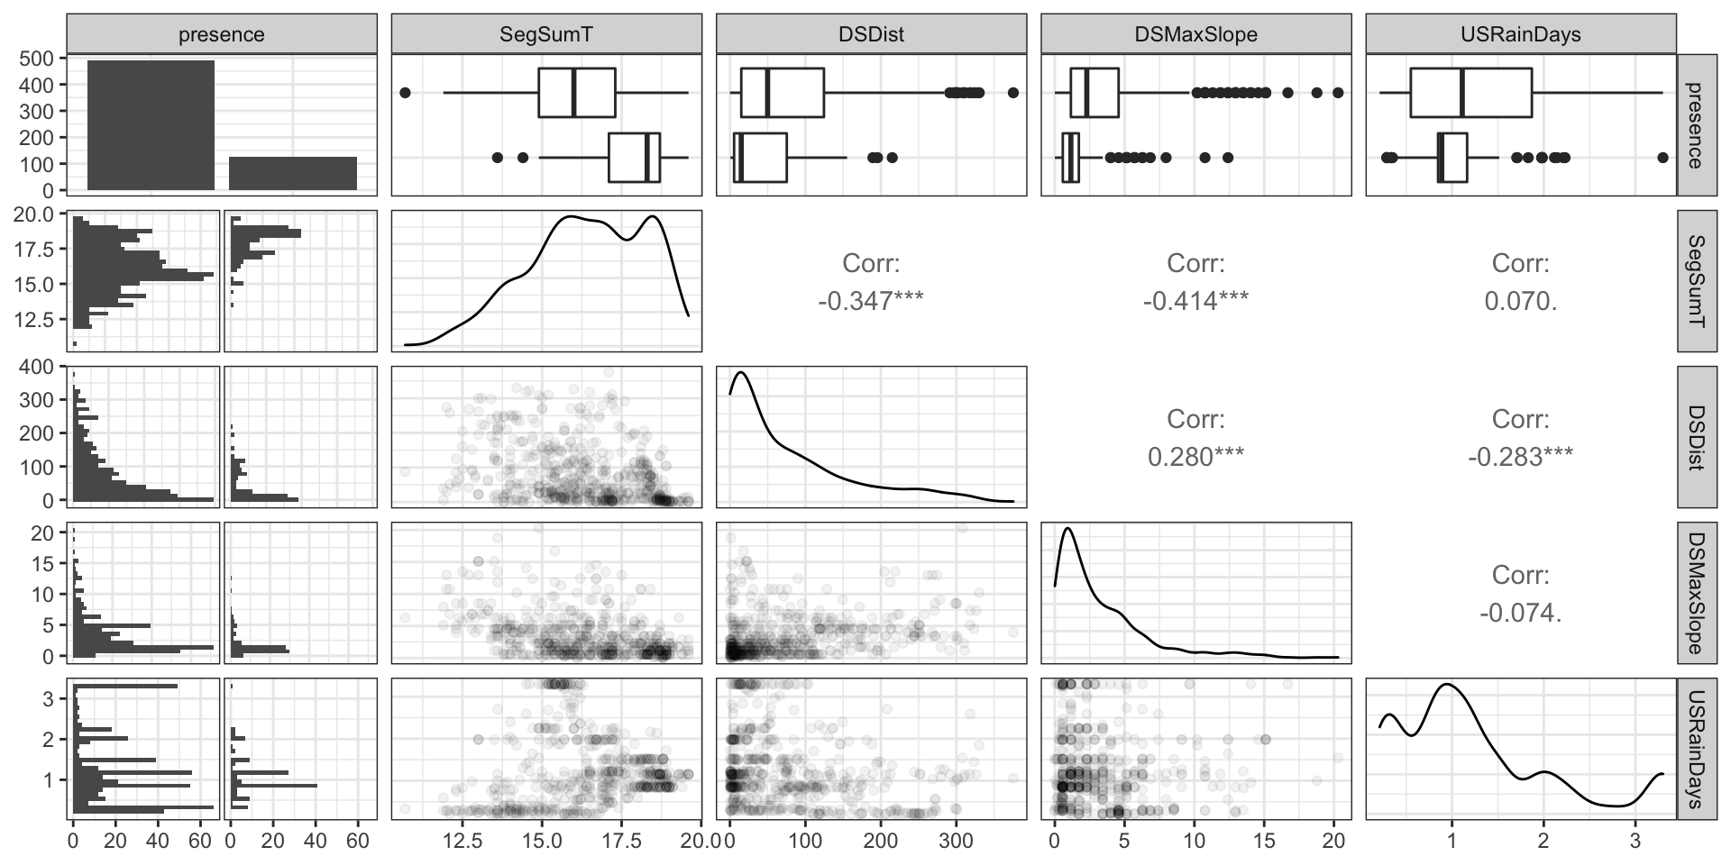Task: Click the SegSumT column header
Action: click(546, 34)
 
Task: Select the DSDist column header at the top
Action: click(871, 34)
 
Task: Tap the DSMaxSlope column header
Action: click(1196, 34)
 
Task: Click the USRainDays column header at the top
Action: click(1521, 34)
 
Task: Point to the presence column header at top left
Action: click(222, 34)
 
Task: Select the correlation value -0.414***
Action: click(1195, 301)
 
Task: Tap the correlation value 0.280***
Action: click(1195, 457)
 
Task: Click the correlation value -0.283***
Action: click(1520, 457)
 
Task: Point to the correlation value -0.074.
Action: click(1520, 613)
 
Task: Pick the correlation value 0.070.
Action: click(1520, 301)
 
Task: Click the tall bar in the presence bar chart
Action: click(151, 125)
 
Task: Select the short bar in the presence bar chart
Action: click(293, 174)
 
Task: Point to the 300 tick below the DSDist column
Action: click(957, 841)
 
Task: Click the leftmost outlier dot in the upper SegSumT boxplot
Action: click(405, 93)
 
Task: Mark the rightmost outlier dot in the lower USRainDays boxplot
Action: click(1662, 158)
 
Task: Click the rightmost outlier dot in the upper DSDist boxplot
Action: click(1013, 93)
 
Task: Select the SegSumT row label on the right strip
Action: click(1696, 280)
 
